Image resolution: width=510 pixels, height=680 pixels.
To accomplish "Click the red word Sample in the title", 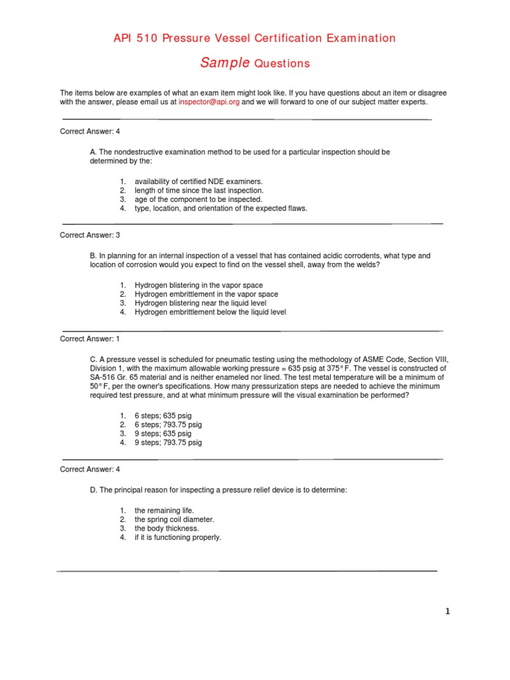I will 224,63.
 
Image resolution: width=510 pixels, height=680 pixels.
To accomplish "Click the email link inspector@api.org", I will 209,103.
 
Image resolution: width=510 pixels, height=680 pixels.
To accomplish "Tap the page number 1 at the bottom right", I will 448,612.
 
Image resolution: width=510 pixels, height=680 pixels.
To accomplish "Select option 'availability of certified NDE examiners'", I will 199,181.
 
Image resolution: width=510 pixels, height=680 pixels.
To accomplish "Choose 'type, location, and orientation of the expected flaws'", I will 220,208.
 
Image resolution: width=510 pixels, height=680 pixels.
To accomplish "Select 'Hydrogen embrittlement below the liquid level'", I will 211,312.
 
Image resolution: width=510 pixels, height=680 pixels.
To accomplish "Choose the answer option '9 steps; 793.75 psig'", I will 168,442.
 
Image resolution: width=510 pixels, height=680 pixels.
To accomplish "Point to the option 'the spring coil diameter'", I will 175,519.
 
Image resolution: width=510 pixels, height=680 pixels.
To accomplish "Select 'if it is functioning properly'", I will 177,537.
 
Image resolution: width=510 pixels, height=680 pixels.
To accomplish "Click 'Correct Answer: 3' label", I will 90,235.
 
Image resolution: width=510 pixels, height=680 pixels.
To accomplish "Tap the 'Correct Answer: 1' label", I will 90,339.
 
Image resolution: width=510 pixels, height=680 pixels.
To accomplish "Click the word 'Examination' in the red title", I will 361,39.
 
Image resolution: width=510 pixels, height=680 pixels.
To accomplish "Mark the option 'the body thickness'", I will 167,529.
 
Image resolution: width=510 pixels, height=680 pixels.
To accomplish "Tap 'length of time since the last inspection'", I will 199,191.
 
